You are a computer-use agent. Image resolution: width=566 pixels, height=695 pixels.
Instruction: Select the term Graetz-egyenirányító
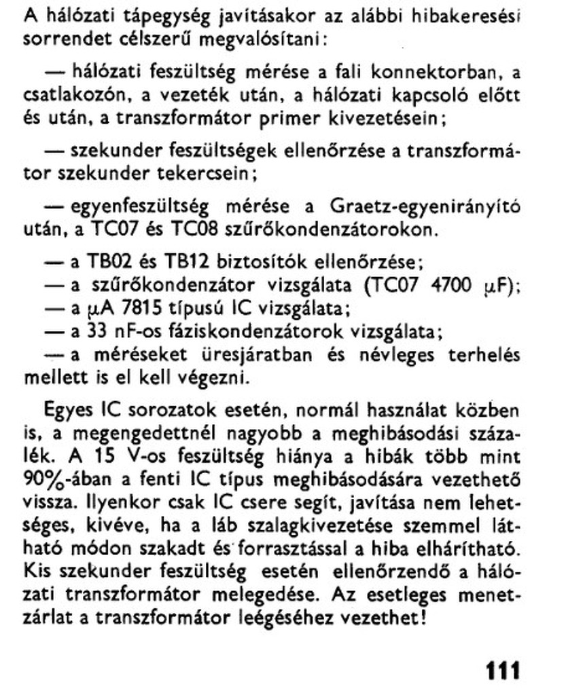click(425, 207)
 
